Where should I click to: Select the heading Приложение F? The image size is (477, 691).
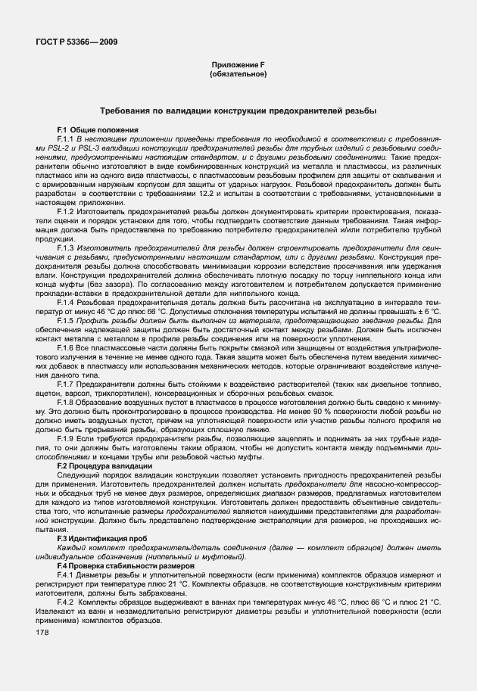tap(238, 67)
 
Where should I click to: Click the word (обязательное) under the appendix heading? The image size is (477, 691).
tap(238, 75)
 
